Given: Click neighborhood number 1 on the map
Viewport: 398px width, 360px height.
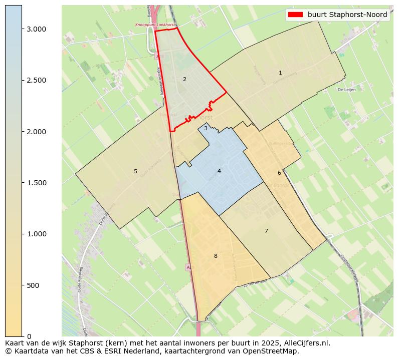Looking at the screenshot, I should (280, 73).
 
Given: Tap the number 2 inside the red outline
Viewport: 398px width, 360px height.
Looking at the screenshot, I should (184, 79).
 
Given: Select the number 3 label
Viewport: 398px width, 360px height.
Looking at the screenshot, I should (206, 128).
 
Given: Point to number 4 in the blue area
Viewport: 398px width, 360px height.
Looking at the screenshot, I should (219, 171).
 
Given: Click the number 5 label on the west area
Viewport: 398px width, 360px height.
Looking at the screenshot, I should (135, 171).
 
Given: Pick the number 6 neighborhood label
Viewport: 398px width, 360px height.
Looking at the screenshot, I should (279, 173).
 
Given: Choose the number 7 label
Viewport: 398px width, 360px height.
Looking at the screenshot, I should (266, 231).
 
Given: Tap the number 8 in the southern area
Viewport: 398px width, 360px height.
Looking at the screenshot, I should (216, 256).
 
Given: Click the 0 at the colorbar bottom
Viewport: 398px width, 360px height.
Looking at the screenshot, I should (29, 336).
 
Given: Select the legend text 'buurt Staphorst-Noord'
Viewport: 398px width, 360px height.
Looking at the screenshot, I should (347, 15).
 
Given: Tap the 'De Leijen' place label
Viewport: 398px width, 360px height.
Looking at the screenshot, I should (346, 90).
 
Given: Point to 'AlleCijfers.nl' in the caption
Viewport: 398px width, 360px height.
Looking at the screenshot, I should (306, 343).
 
